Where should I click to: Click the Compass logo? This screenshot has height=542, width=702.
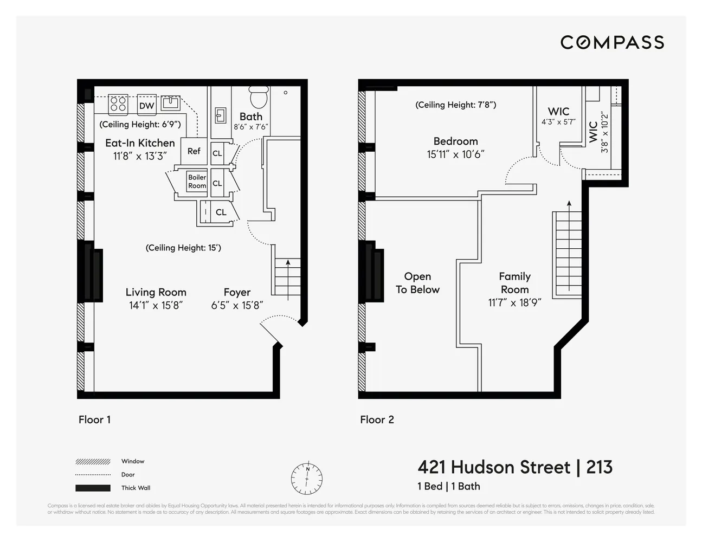(612, 42)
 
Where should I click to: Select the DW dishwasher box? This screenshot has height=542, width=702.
(146, 105)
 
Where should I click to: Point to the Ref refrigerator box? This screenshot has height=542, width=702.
(194, 151)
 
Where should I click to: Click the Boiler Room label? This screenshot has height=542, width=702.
(197, 182)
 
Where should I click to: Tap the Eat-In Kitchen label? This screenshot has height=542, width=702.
(140, 143)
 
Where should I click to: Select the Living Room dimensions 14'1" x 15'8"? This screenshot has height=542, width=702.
(156, 305)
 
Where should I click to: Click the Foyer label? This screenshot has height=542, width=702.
(237, 292)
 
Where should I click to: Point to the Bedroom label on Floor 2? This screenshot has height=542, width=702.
(455, 141)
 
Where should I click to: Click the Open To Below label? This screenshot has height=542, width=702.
(417, 283)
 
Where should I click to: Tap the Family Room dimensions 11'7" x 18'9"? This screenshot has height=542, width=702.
(514, 302)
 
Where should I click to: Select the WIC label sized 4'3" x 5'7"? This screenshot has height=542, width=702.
(558, 112)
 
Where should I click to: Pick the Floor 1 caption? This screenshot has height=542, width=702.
(94, 420)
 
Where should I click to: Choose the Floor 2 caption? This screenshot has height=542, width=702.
(377, 420)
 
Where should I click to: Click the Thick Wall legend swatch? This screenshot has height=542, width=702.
(94, 488)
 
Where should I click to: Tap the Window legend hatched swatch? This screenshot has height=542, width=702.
(94, 462)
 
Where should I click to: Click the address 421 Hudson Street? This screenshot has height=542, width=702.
(494, 467)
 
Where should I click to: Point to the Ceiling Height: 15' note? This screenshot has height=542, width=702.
(183, 248)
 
